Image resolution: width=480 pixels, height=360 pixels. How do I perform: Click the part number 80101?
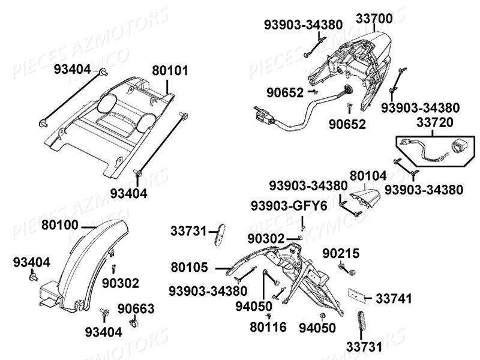[x=170, y=71]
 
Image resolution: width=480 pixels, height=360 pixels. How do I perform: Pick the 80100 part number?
[x=61, y=226]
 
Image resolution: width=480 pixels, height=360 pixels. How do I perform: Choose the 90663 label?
[x=136, y=309]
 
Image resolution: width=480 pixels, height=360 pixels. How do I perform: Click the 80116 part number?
[x=269, y=328]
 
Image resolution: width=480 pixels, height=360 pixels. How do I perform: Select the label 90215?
[x=341, y=254]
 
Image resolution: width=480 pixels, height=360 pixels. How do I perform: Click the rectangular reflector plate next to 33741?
[x=358, y=296]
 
